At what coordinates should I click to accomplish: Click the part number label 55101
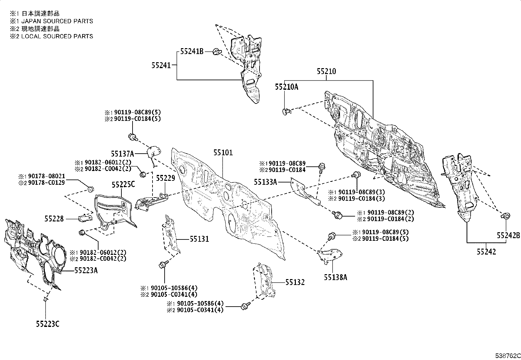tap(223, 153)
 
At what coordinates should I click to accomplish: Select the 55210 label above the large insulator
tap(327, 71)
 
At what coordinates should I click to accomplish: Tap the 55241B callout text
tap(192, 51)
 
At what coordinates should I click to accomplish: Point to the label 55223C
tap(48, 324)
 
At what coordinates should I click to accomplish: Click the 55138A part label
tap(335, 277)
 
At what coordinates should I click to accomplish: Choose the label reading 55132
tap(295, 282)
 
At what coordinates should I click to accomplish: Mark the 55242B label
tap(509, 236)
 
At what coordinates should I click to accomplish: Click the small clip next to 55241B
tap(217, 52)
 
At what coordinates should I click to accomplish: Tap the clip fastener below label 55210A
tap(286, 112)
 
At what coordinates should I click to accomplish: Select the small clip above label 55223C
tap(45, 299)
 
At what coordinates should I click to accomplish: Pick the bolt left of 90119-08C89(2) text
tap(337, 215)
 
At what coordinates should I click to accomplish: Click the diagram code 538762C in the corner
tap(508, 356)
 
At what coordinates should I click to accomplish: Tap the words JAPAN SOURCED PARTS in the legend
tap(57, 21)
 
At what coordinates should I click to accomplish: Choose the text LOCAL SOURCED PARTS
tap(57, 36)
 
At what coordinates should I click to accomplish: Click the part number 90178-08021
tap(46, 176)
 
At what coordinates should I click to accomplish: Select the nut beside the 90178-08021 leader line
tap(91, 189)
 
